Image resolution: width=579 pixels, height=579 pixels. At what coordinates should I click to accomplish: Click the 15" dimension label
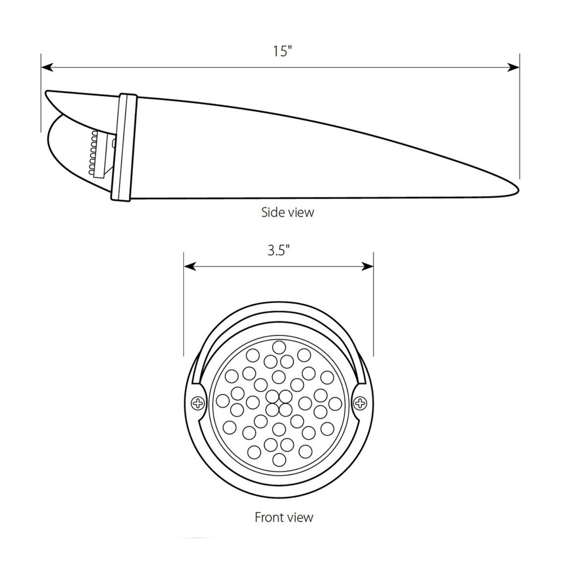(x=282, y=51)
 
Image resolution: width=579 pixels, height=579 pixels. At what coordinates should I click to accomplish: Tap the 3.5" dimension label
(x=278, y=250)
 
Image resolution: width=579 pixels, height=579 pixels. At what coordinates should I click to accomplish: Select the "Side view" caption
(x=288, y=212)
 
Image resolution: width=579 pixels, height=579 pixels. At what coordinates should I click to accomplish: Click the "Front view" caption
(x=284, y=517)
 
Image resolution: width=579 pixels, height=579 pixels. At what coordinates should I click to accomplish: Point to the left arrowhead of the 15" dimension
(x=47, y=67)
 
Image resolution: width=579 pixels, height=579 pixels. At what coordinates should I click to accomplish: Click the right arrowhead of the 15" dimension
(x=513, y=67)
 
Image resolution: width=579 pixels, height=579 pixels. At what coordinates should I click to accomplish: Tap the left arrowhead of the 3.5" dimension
(x=190, y=266)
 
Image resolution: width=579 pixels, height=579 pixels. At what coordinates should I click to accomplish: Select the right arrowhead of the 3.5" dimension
(x=367, y=266)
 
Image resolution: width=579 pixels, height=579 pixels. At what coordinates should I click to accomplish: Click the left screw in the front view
(x=198, y=403)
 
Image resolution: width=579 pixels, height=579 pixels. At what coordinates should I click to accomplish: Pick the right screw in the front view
(x=360, y=403)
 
